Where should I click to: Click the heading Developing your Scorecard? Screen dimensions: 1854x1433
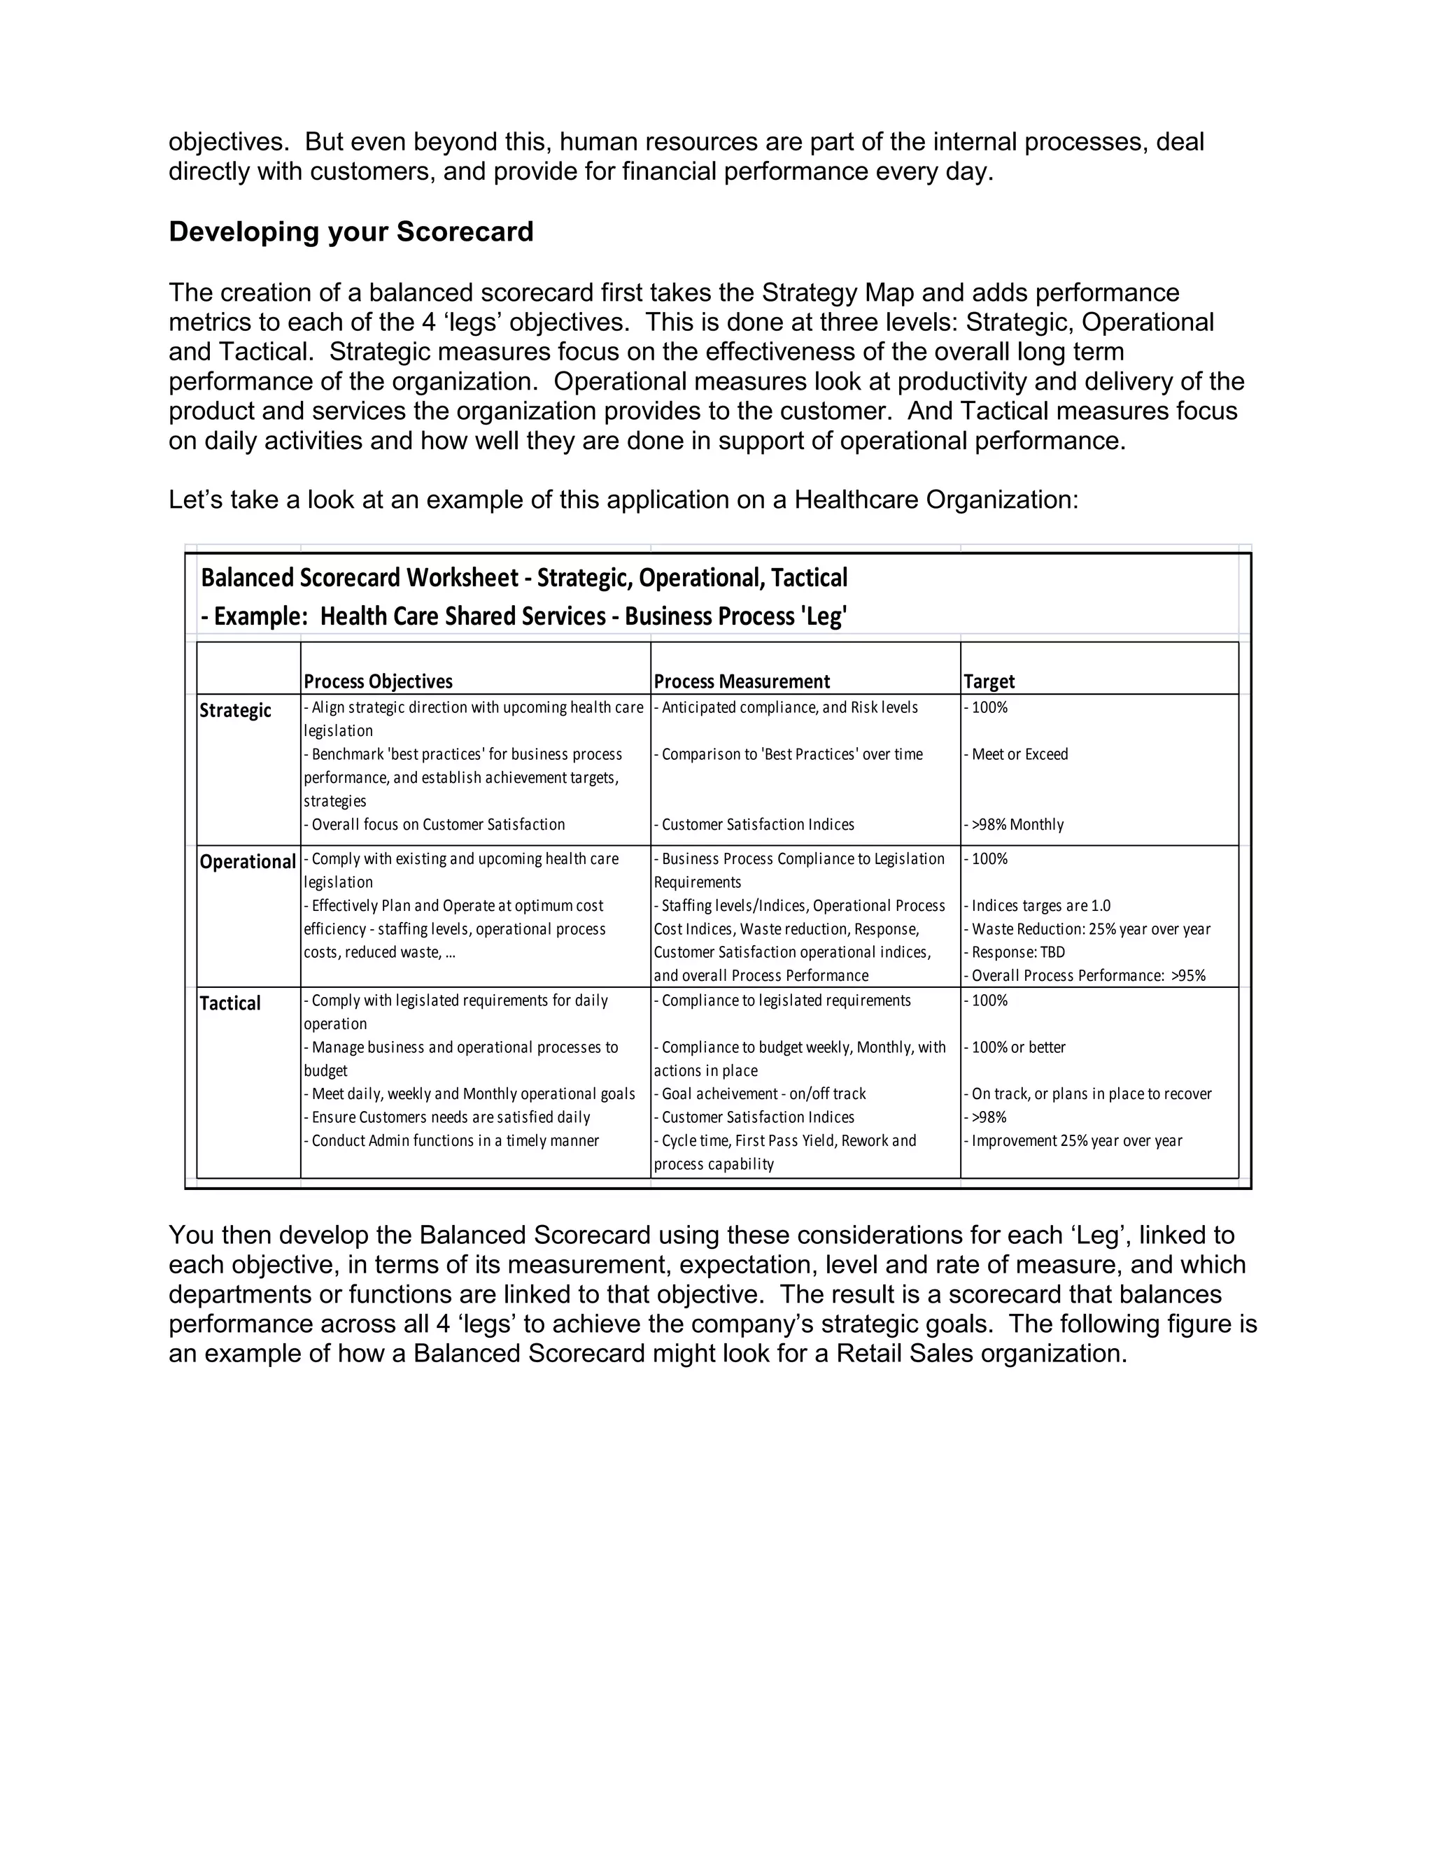(x=351, y=232)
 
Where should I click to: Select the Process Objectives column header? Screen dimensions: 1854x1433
(x=378, y=681)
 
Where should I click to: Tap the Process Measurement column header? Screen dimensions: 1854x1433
(x=741, y=681)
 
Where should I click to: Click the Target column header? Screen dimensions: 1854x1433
(x=989, y=681)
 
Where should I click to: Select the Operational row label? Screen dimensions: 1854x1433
(x=247, y=862)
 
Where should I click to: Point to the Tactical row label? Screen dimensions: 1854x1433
(x=230, y=1003)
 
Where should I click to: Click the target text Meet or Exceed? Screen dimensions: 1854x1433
(x=1019, y=753)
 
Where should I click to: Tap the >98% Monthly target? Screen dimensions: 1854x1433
(x=1017, y=824)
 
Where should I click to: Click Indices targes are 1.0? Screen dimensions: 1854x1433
(x=1040, y=906)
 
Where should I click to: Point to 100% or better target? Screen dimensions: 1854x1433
(x=1018, y=1047)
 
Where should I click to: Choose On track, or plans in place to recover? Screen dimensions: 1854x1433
(x=1091, y=1094)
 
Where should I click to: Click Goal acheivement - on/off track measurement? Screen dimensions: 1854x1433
(x=763, y=1094)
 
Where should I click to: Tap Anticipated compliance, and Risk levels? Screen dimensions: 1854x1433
(x=789, y=707)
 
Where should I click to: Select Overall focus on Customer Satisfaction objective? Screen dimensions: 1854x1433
(x=437, y=824)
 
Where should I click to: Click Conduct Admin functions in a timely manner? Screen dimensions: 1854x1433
(x=454, y=1141)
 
